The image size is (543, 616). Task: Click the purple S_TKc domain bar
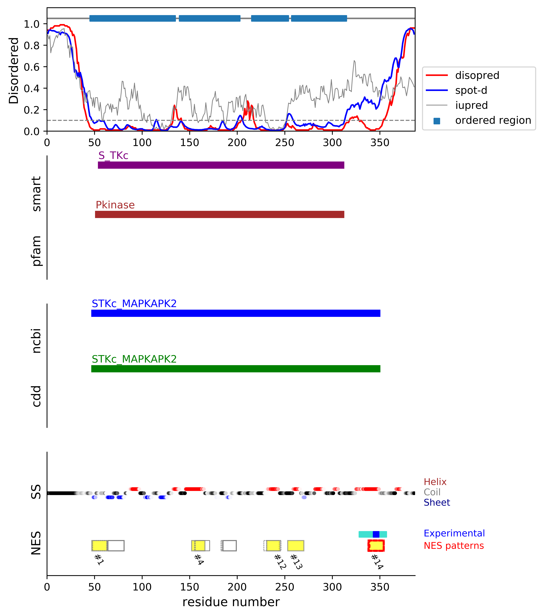tap(221, 165)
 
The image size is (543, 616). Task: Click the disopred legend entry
tap(477, 75)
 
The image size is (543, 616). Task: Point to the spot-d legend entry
tap(471, 90)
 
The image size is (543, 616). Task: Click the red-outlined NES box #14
tap(376, 545)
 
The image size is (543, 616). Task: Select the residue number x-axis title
tap(231, 602)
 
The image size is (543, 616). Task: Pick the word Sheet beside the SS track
tap(437, 502)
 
